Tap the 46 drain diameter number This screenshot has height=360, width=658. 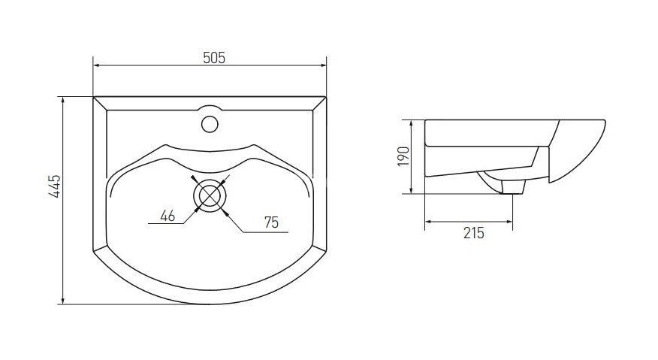pyautogui.click(x=168, y=216)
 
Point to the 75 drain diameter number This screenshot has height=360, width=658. pyautogui.click(x=272, y=222)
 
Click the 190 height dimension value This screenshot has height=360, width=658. pyautogui.click(x=403, y=157)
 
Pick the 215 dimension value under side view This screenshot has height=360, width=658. pyautogui.click(x=473, y=233)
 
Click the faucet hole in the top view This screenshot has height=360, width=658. pyautogui.click(x=210, y=122)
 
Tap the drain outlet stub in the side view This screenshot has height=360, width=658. pyautogui.click(x=513, y=187)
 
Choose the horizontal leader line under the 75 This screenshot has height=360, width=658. pyautogui.click(x=263, y=231)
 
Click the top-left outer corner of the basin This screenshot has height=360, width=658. pyautogui.click(x=93, y=97)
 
